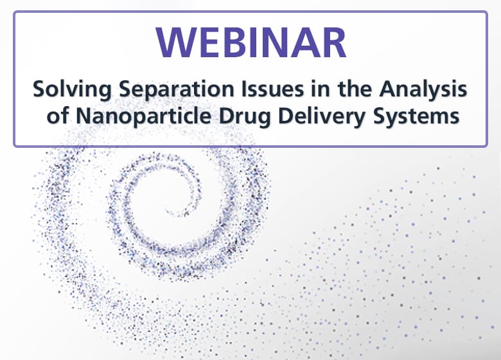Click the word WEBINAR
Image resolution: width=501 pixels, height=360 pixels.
click(x=251, y=44)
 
